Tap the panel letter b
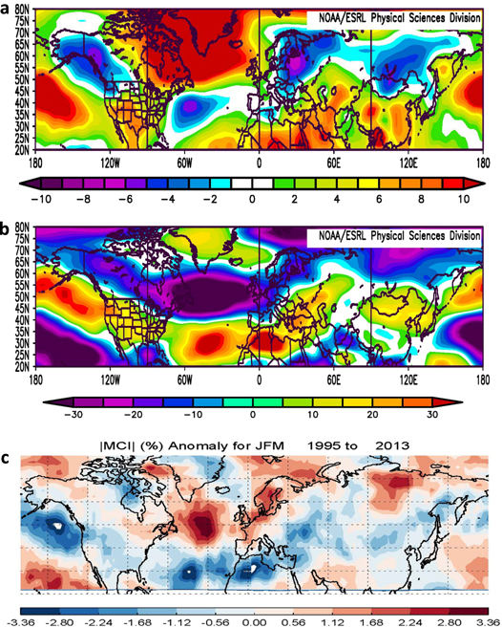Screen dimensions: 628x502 8,229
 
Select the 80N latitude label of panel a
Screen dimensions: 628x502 17,10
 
